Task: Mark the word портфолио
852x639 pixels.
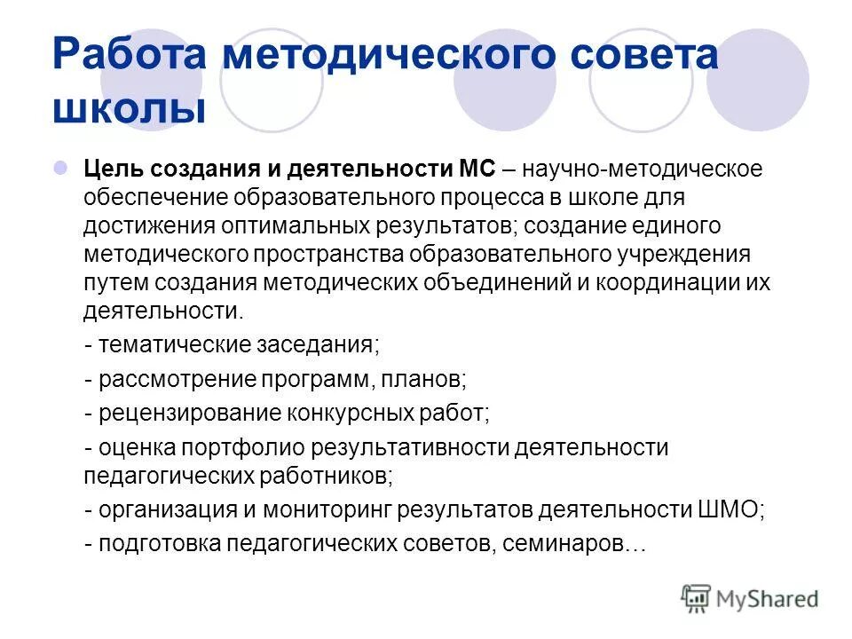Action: tap(231, 447)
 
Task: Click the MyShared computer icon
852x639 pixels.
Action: tap(698, 598)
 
